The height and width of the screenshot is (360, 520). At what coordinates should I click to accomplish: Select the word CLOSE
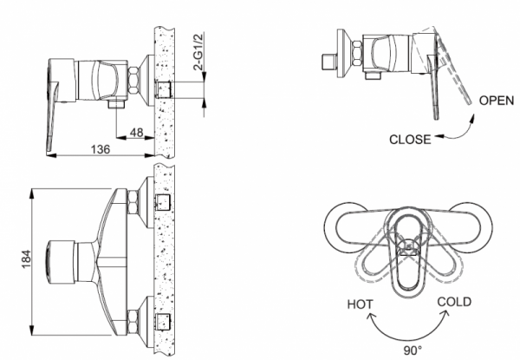click(411, 138)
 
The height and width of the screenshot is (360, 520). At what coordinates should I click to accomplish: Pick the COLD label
click(455, 301)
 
